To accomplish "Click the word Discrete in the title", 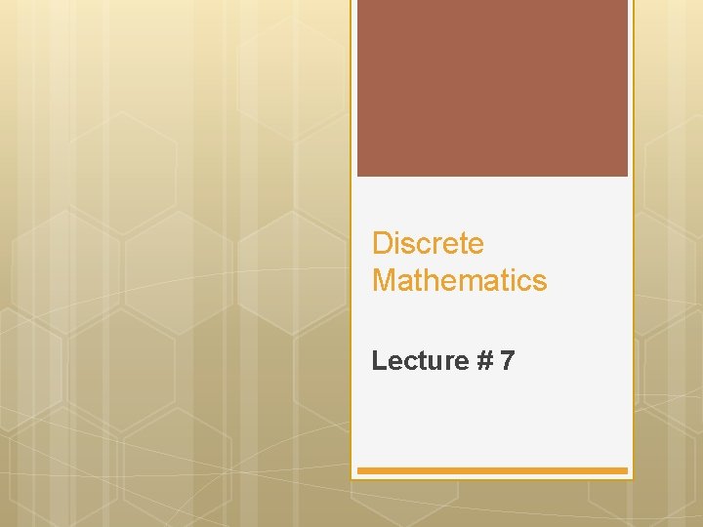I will [428, 243].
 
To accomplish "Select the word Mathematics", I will [459, 281].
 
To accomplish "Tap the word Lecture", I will [420, 361].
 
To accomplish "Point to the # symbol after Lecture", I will [484, 361].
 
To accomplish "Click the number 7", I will [507, 361].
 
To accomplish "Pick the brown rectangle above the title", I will [492, 88].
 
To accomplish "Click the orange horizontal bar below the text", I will [492, 470].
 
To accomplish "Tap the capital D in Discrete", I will [382, 243].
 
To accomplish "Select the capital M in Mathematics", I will [384, 281].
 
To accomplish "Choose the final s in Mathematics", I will [540, 282].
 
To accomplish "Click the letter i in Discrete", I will [395, 243].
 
